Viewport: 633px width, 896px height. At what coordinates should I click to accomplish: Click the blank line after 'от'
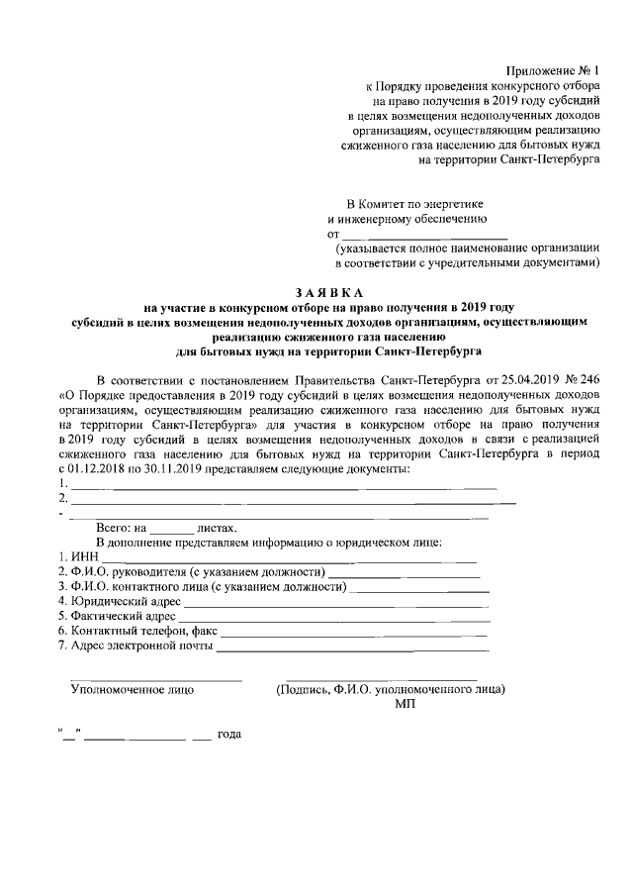423,236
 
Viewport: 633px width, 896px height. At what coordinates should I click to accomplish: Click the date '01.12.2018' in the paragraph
99,468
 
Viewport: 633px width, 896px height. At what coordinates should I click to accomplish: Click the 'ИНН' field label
83,558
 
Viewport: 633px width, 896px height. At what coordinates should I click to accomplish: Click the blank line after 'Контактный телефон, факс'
353,632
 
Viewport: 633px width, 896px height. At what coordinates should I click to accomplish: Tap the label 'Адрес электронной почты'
140,647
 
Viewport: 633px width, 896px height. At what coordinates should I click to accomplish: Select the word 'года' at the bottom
229,735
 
